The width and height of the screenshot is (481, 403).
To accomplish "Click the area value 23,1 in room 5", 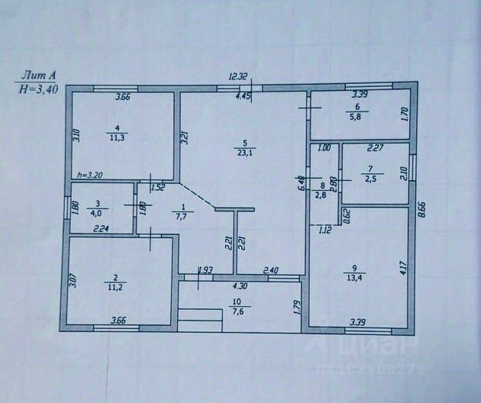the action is click(245, 152).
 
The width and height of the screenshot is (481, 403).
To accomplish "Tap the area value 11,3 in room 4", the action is click(117, 138).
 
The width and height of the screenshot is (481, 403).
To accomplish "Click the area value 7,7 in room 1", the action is click(182, 218).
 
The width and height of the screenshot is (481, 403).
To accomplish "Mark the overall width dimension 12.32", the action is click(239, 76).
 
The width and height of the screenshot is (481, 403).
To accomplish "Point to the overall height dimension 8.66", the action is click(421, 209).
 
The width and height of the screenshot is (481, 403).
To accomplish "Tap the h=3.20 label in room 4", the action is click(90, 175).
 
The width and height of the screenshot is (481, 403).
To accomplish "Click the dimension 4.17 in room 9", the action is click(405, 267).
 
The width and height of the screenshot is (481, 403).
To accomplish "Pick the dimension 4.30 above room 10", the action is click(240, 286).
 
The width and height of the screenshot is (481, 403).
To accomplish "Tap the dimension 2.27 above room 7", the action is click(375, 150).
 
